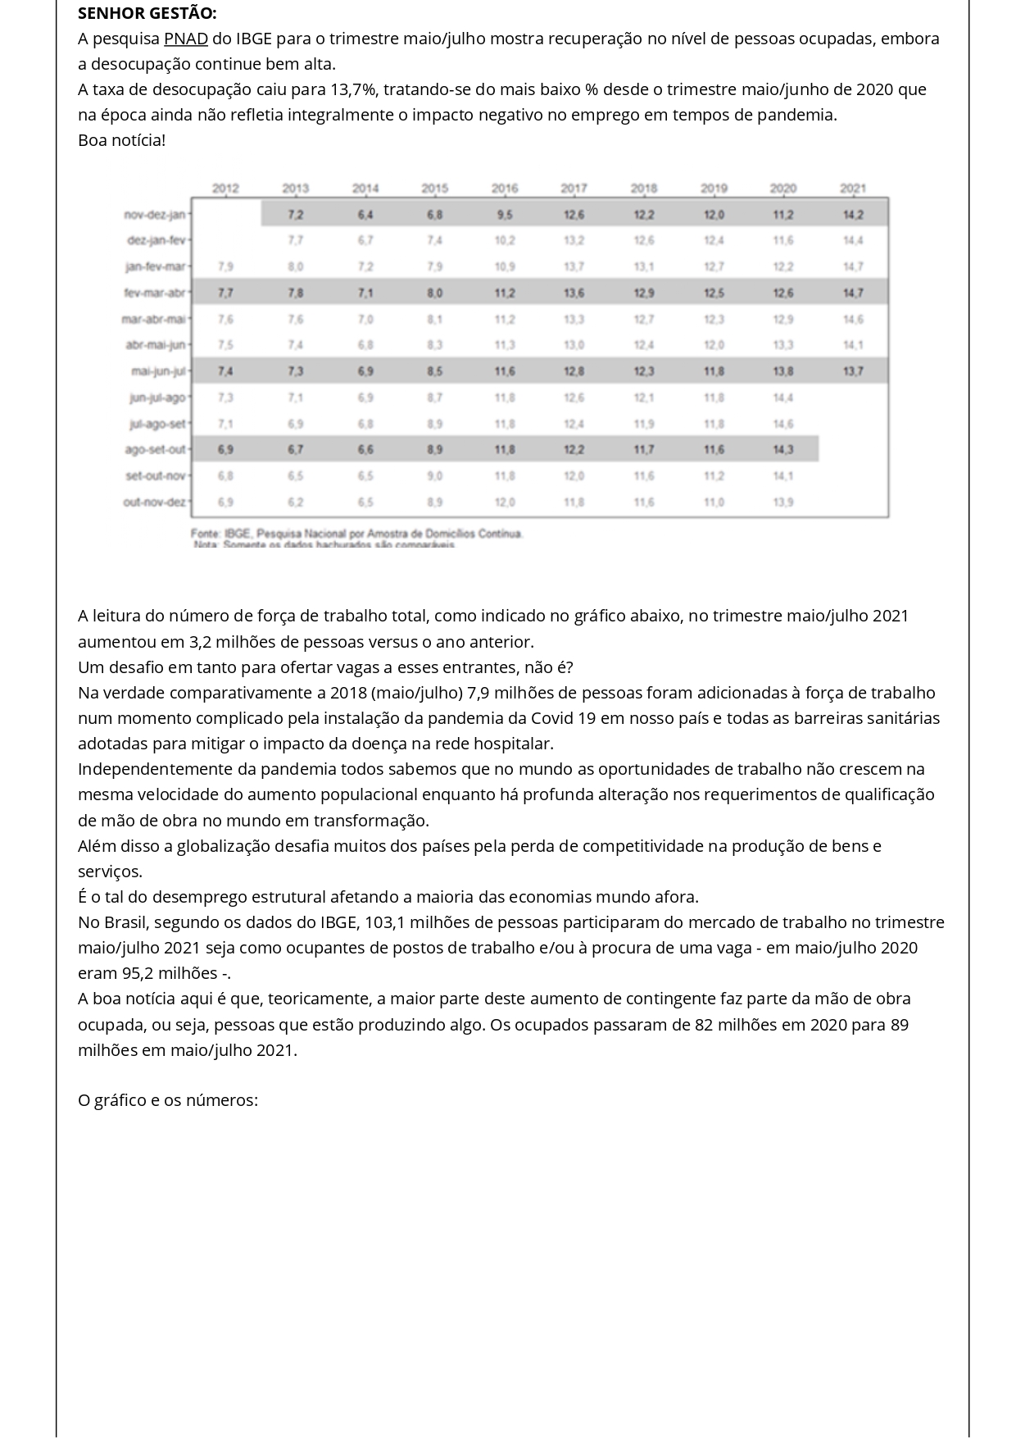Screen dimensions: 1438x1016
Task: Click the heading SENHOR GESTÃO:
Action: click(147, 13)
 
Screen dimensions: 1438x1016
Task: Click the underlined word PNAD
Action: click(186, 39)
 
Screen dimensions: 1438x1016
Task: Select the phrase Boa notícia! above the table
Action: click(121, 140)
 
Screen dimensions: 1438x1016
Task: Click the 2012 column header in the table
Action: click(225, 189)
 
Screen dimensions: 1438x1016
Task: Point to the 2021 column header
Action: click(852, 189)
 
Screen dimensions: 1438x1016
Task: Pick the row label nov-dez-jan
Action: click(155, 215)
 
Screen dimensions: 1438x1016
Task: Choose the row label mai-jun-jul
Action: click(159, 371)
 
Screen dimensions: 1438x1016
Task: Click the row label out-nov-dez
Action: click(155, 502)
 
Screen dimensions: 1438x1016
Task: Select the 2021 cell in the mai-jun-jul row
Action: click(852, 371)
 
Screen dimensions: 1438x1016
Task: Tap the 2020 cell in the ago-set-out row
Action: click(782, 449)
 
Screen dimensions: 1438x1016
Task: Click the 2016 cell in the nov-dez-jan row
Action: click(505, 215)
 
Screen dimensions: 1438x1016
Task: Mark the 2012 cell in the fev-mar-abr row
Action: click(225, 293)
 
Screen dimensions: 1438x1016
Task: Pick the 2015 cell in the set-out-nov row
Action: click(435, 476)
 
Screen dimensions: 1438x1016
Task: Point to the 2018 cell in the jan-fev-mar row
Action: click(644, 266)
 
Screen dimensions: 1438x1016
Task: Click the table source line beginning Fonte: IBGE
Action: click(356, 534)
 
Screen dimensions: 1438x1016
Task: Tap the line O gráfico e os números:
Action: click(168, 1100)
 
